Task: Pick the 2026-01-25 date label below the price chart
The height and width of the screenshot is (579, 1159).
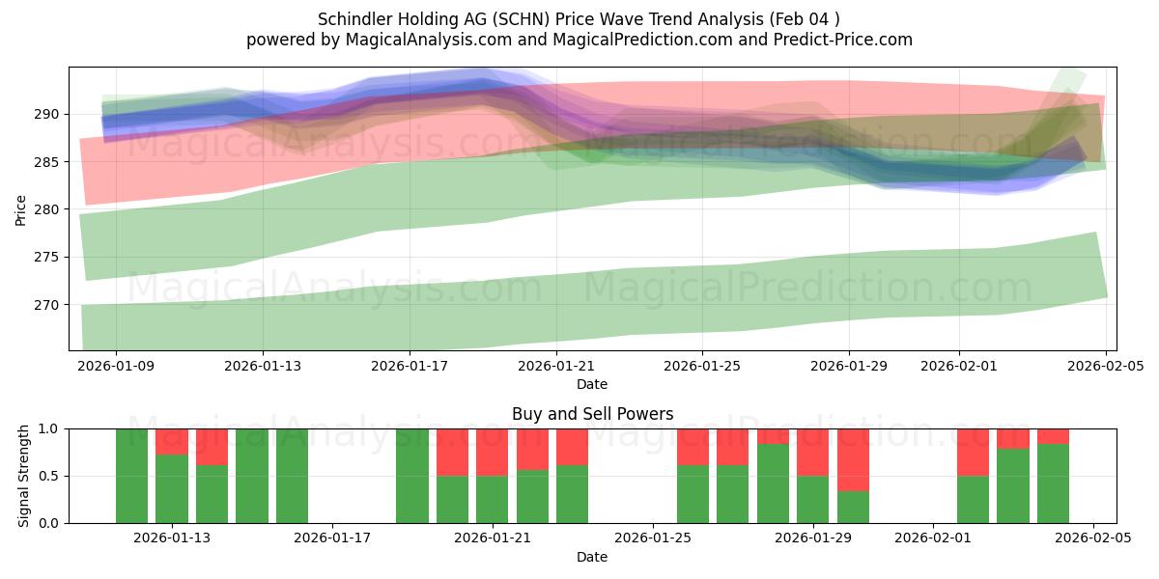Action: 701,366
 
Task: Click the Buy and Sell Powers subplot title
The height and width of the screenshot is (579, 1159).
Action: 592,414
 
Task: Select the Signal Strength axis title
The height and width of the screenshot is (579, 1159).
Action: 23,476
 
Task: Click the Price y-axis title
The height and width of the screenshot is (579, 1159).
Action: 21,209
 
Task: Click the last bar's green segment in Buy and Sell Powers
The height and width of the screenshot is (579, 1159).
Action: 1053,483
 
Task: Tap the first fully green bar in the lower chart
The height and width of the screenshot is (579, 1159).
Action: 131,476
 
